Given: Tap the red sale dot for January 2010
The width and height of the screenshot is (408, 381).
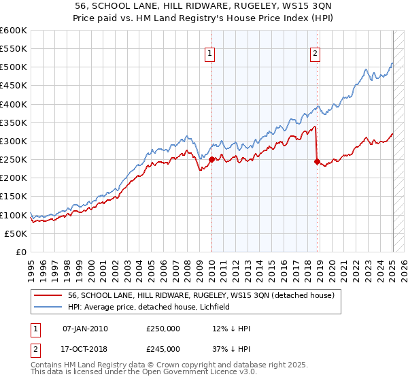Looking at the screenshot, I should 211,160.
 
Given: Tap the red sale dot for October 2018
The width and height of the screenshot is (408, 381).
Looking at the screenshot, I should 317,162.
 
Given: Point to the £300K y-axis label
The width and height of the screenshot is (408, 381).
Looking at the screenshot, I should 14,141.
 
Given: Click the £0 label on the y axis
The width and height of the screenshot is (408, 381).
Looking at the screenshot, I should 21,252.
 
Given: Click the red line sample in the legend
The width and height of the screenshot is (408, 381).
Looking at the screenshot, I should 48,296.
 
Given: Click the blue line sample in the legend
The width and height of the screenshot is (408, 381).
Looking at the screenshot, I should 48,307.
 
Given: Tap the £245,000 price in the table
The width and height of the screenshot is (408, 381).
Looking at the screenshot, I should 163,349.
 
